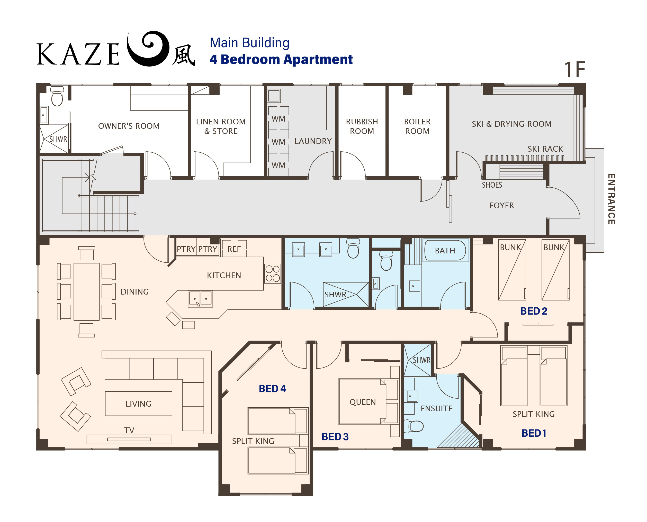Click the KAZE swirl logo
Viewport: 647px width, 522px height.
[x=147, y=49]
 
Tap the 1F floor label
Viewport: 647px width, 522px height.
[x=574, y=70]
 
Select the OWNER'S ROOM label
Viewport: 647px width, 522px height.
[x=129, y=126]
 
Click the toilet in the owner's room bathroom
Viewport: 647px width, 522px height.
[x=57, y=96]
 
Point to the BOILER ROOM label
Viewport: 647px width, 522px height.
[x=417, y=126]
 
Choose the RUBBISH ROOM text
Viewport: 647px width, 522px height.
[x=362, y=126]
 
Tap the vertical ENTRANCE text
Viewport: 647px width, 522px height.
[x=611, y=199]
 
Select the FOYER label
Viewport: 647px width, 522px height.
[x=501, y=205]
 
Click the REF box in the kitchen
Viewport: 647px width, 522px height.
[x=234, y=249]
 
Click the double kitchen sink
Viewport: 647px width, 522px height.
[x=200, y=299]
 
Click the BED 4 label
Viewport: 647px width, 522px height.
[x=272, y=389]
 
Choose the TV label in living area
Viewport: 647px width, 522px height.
[x=129, y=430]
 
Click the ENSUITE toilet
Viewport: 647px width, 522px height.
[x=413, y=426]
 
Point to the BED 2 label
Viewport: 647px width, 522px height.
[x=534, y=311]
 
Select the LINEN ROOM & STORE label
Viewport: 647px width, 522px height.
[x=221, y=126]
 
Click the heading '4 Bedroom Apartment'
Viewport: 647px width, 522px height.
[x=281, y=60]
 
